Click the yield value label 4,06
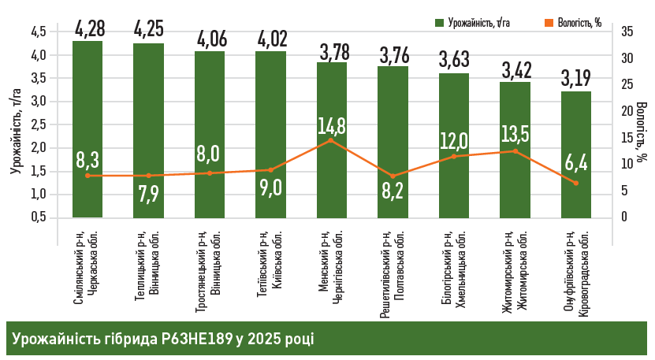(210, 38)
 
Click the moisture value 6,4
(576, 163)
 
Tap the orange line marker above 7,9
(148, 176)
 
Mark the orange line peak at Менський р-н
(332, 140)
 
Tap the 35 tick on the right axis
(627, 32)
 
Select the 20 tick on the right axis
(627, 111)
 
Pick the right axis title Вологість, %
(642, 130)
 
